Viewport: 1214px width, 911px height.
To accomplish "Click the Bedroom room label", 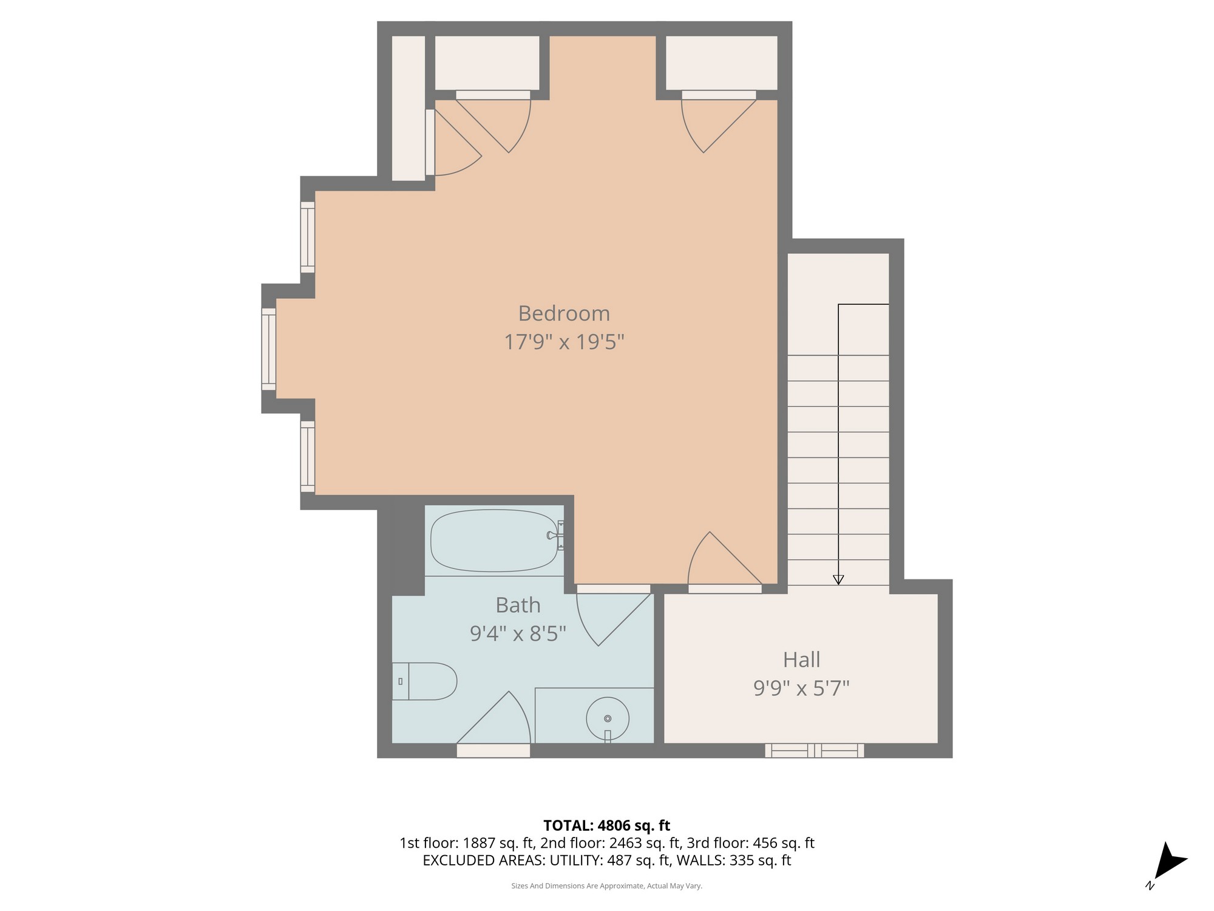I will [x=564, y=313].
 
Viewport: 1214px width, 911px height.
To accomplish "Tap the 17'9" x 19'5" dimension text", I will [x=564, y=342].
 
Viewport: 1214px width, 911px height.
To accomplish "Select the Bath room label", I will [x=518, y=605].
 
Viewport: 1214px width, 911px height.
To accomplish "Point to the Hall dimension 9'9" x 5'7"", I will [x=801, y=688].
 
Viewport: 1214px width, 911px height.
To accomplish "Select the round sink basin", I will [x=607, y=718].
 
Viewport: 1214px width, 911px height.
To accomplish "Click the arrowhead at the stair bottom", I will [x=838, y=579].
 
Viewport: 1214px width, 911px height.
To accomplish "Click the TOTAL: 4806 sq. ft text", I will [x=606, y=825].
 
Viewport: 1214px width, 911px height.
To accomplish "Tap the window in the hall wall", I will [x=814, y=751].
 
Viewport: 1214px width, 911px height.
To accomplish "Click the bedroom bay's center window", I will [x=269, y=349].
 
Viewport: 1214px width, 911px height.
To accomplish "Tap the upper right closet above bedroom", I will [x=721, y=63].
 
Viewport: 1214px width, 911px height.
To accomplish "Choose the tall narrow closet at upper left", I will [x=408, y=108].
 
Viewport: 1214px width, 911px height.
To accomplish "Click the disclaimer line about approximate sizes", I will [x=606, y=886].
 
